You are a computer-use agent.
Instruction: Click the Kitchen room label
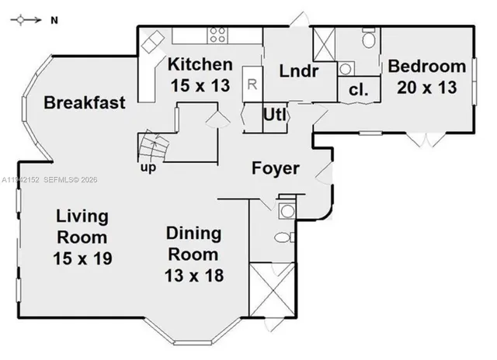point(200,65)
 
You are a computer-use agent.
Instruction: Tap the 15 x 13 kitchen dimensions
point(200,85)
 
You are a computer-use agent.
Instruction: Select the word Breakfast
point(85,103)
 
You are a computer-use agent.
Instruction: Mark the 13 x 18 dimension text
point(194,274)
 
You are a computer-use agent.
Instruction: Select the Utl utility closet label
point(275,116)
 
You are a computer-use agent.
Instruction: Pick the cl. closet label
point(358,90)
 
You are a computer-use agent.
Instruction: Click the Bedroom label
point(427,66)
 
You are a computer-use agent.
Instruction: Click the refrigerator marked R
point(252,83)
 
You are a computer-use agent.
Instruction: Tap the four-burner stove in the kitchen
point(217,35)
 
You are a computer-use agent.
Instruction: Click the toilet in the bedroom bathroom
point(368,38)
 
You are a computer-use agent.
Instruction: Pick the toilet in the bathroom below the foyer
point(283,237)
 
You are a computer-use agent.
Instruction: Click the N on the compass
point(54,21)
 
